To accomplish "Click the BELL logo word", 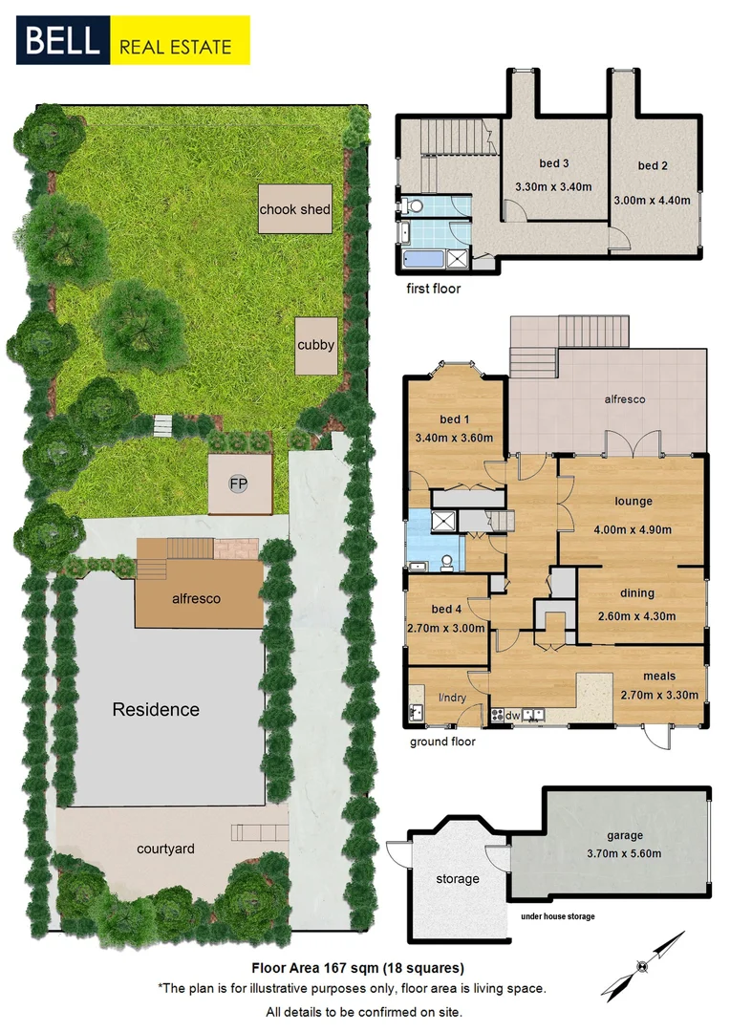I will point(62,41).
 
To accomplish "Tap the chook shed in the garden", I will point(295,209).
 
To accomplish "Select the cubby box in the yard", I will point(315,345).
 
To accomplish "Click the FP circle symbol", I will point(237,484).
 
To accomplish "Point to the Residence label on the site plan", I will point(156,709).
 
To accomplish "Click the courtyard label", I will point(165,849).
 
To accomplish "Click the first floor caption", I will point(433,288).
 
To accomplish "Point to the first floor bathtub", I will point(421,258).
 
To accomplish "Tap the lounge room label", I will point(633,501).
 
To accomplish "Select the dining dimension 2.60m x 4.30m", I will point(633,616).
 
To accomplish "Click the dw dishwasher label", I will point(512,715).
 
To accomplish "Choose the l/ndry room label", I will point(452,698).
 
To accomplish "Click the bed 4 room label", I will point(446,609).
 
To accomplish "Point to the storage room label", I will point(458,879).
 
